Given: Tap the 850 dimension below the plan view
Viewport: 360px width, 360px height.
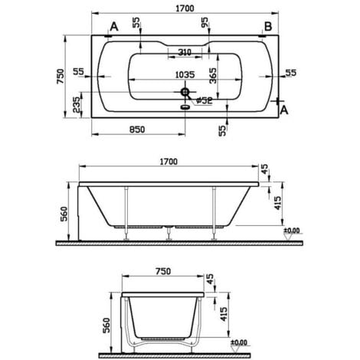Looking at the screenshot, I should [x=136, y=130].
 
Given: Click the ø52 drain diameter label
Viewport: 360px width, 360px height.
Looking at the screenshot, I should [x=204, y=100].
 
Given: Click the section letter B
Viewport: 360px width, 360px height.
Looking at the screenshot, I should [x=268, y=27].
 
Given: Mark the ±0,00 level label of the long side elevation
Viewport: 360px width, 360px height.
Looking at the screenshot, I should [x=291, y=231].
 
